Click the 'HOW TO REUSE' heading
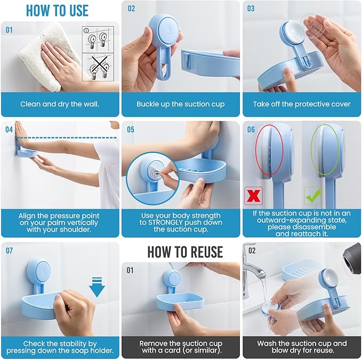(185, 251)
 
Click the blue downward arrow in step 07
(98, 285)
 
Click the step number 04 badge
(9, 129)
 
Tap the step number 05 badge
(131, 129)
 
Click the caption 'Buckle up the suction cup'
(180, 104)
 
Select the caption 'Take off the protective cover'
(302, 104)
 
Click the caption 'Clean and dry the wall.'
(59, 104)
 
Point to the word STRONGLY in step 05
(170, 222)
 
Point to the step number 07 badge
(10, 250)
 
